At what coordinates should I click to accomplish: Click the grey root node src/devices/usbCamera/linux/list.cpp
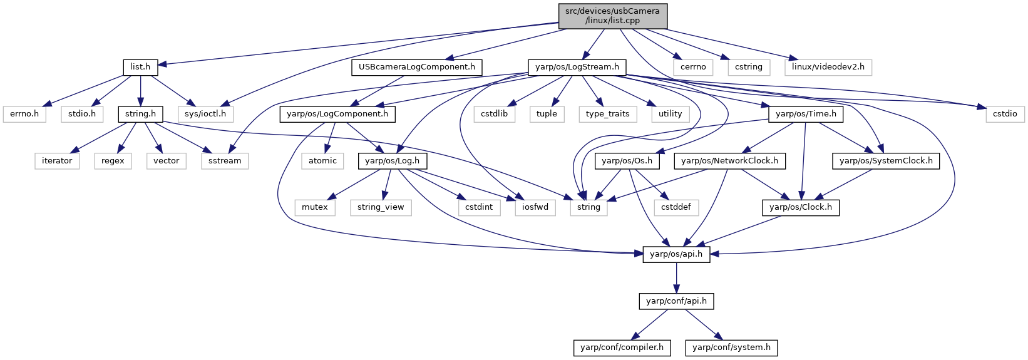(613, 16)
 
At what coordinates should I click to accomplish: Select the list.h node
(140, 67)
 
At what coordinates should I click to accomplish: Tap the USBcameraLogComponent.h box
(417, 67)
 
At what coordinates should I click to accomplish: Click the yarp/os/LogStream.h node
(577, 67)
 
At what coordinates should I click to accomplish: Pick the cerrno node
(693, 67)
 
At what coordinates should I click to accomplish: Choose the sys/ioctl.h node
(205, 114)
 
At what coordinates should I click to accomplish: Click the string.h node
(140, 114)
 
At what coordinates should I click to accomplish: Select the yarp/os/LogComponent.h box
(337, 114)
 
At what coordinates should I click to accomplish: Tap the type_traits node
(608, 114)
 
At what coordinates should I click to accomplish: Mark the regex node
(113, 161)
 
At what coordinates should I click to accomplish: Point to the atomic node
(322, 161)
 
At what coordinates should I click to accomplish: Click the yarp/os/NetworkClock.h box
(730, 161)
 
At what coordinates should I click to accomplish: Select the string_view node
(381, 208)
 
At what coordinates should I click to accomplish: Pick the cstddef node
(676, 208)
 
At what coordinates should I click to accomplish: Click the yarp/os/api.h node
(676, 254)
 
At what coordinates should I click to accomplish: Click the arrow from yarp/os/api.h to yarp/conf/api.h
(676, 278)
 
